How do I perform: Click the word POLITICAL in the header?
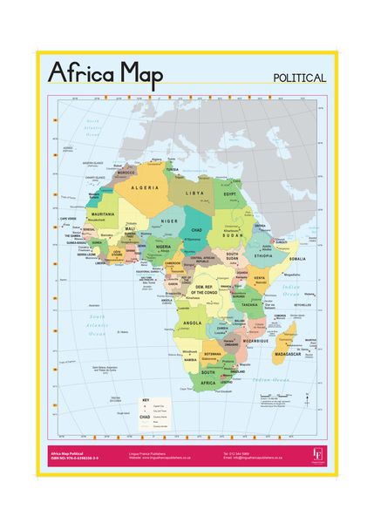[299, 78]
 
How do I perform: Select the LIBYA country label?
[194, 192]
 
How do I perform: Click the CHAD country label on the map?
[197, 229]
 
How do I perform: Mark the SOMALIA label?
[297, 259]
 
